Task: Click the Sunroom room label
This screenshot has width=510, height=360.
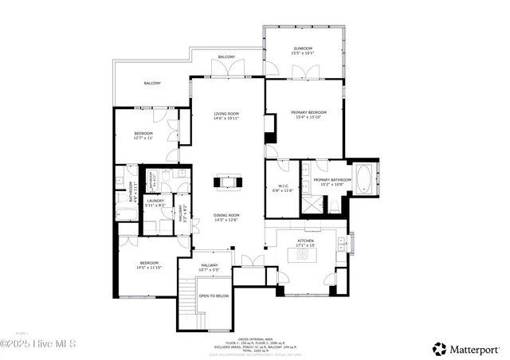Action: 303,49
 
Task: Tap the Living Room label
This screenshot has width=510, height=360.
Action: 226,114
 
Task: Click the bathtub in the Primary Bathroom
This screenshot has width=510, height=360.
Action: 363,179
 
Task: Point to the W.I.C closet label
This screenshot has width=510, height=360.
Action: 283,187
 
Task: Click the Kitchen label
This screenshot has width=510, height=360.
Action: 306,241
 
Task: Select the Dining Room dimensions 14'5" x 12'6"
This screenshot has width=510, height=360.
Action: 226,220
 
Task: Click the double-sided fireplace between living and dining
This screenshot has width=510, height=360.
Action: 226,182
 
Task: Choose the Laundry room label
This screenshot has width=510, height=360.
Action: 155,202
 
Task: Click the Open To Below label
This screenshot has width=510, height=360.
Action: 214,295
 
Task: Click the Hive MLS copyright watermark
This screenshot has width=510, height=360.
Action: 38,344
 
